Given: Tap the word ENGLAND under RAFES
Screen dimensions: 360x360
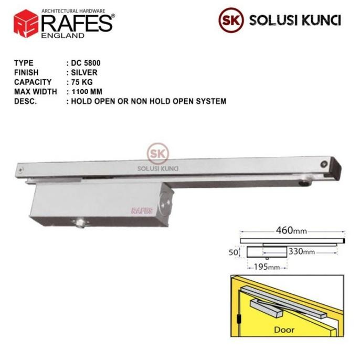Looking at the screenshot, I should click(64, 36).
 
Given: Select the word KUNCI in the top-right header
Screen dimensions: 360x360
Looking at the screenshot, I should click(322, 20).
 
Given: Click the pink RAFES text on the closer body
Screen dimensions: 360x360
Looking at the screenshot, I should click(138, 211).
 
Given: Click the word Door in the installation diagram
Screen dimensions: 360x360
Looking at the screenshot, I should click(285, 331).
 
